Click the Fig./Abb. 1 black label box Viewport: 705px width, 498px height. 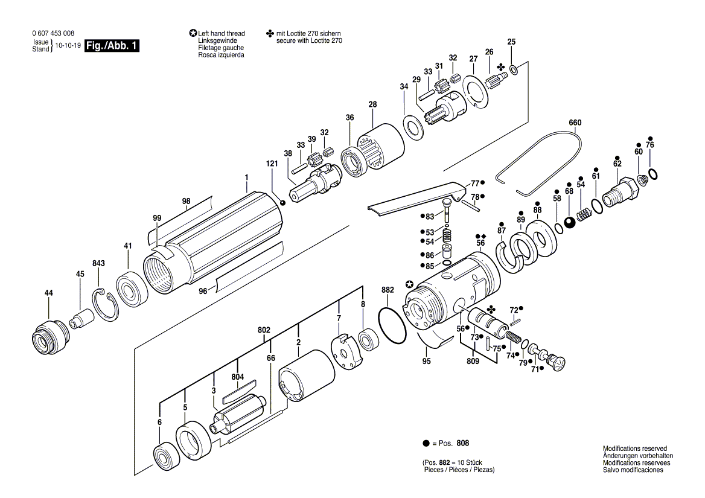(112, 46)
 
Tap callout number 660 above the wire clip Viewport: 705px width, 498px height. (575, 123)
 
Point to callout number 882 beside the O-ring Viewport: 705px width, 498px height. (388, 290)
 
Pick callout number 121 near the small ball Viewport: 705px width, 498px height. (272, 164)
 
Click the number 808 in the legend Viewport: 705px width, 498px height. (462, 444)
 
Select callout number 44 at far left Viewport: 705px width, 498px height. (48, 293)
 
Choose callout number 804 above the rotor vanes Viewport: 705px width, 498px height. (237, 377)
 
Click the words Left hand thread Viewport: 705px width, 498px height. (221, 34)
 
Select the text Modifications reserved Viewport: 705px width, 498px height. (635, 449)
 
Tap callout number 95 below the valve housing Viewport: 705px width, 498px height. (427, 362)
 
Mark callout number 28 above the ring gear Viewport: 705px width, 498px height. (373, 104)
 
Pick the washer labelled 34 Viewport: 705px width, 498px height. (413, 127)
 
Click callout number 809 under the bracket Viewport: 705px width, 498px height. (473, 361)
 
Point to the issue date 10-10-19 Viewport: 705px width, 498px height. (68, 46)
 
